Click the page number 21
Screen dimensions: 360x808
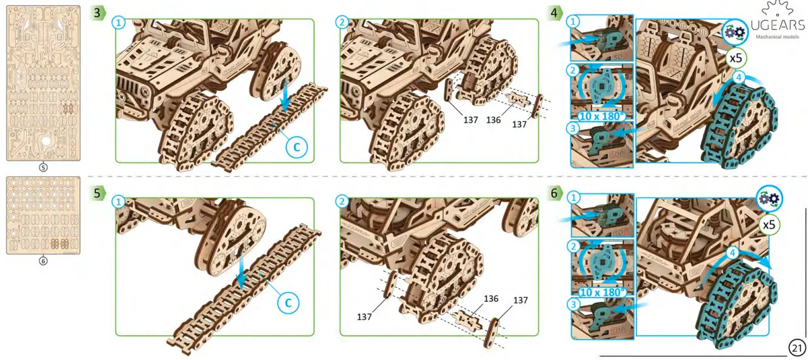tap(797, 348)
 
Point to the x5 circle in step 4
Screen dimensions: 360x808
tap(736, 59)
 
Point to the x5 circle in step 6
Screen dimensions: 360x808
tap(769, 225)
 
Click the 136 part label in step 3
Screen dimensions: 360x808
tap(493, 120)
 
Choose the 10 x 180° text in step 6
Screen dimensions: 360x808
tap(601, 292)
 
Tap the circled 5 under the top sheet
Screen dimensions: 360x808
tap(42, 168)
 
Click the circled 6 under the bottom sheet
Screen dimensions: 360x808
tap(42, 261)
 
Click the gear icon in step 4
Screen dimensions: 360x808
tap(735, 31)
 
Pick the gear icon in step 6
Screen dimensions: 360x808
tap(769, 198)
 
